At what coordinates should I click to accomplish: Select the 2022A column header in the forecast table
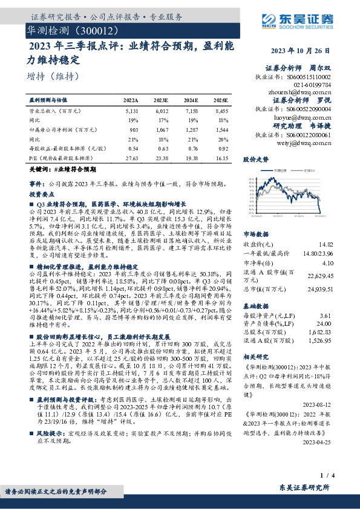[131, 99]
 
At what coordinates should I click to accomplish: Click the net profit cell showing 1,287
[192, 129]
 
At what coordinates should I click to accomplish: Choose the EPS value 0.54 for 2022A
[133, 148]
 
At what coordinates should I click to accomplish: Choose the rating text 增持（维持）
[53, 76]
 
